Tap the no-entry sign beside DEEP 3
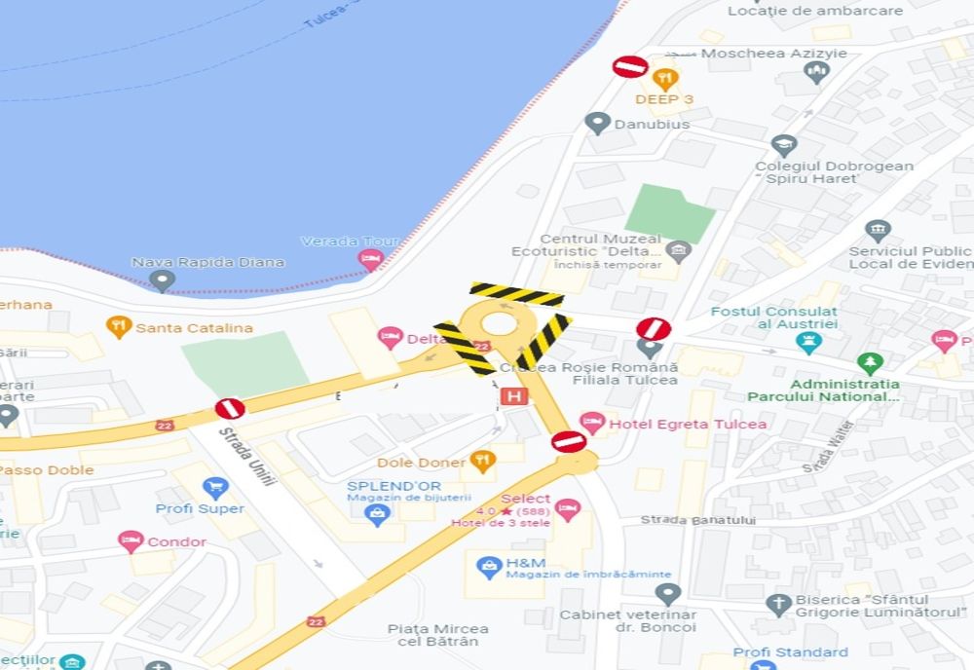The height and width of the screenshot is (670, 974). (x=630, y=66)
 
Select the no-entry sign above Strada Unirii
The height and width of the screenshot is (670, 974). (x=230, y=408)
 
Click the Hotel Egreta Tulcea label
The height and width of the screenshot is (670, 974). (x=687, y=424)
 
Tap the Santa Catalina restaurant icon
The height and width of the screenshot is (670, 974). (x=119, y=327)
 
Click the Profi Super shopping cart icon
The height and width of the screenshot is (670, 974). (x=214, y=487)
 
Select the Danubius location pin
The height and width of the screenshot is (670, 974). (x=597, y=124)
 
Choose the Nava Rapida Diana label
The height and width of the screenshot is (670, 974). (x=207, y=262)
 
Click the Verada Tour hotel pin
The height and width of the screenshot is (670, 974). (x=369, y=260)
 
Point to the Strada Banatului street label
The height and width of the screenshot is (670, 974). (x=697, y=520)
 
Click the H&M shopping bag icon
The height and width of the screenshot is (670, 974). (x=488, y=565)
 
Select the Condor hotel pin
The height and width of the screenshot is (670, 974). (x=131, y=541)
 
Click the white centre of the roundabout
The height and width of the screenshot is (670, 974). (x=499, y=324)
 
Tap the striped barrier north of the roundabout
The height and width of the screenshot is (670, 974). (x=516, y=294)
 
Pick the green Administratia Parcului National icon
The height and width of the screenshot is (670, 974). (x=870, y=363)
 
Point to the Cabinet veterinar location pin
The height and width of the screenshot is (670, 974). (x=666, y=593)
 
